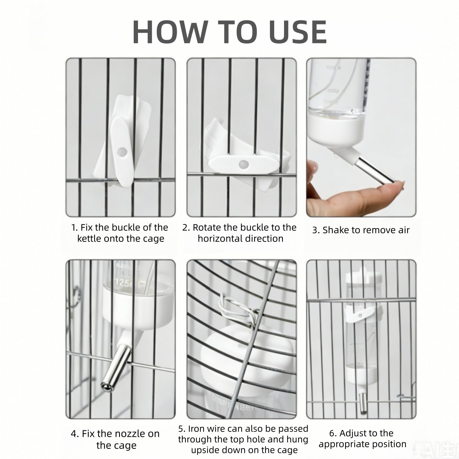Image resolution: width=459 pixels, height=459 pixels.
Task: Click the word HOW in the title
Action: (x=170, y=32)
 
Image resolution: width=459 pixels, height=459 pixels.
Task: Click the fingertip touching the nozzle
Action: (x=397, y=186)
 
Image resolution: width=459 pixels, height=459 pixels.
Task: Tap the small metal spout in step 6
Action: (x=363, y=403)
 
